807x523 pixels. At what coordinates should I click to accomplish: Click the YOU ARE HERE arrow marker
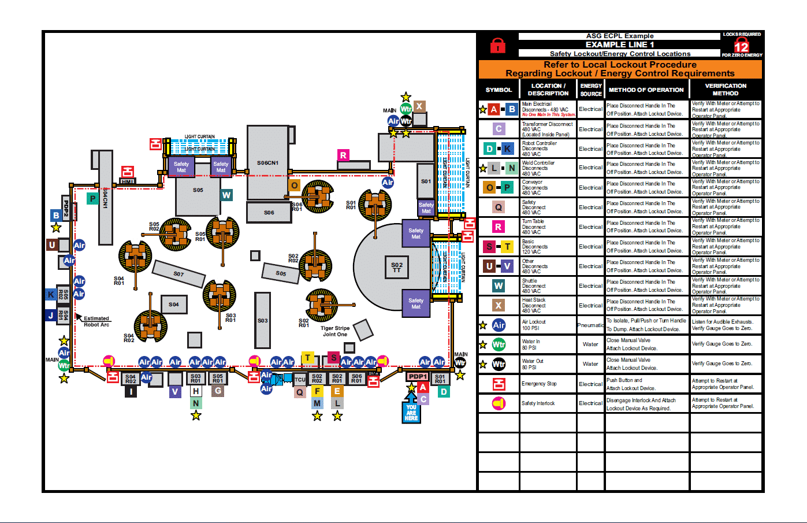click(411, 409)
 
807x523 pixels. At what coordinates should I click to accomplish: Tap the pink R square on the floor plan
click(343, 155)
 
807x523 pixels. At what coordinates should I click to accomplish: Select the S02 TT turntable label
click(397, 268)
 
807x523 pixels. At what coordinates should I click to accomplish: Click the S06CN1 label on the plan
click(267, 163)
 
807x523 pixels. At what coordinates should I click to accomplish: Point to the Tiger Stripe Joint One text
click(335, 331)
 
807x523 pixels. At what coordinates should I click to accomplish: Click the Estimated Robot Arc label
click(96, 321)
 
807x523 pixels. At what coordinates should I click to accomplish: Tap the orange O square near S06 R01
click(295, 186)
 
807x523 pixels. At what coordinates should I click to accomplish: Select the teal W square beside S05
click(226, 195)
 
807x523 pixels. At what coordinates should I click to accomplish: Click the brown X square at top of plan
click(419, 106)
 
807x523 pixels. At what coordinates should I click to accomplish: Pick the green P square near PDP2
click(92, 198)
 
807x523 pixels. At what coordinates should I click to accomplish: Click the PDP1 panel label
click(418, 376)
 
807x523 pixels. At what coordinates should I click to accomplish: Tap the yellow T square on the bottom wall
click(308, 358)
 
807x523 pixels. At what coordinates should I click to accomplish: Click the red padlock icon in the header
click(497, 45)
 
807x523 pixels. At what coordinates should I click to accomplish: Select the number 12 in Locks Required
click(741, 46)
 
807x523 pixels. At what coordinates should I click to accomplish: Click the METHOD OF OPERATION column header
click(646, 90)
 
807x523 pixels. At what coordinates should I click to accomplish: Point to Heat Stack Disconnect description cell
click(547, 305)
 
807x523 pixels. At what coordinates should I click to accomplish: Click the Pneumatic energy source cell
click(590, 325)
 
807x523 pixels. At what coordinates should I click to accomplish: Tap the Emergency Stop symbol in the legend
click(499, 384)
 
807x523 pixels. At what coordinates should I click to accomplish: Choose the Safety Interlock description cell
click(547, 403)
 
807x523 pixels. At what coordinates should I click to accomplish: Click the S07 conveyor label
click(178, 274)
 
